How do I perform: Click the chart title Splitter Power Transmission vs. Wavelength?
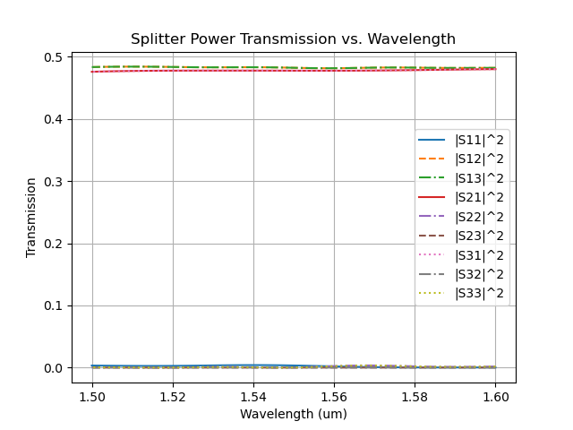[x=293, y=39]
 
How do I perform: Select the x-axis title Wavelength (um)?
[x=293, y=414]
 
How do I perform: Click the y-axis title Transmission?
[x=31, y=217]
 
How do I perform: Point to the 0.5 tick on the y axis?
[x=55, y=57]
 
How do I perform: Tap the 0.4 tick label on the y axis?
[x=55, y=120]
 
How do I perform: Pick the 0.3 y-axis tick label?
[x=55, y=182]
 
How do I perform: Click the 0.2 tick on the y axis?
[x=55, y=244]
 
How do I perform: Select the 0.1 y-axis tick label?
[x=55, y=306]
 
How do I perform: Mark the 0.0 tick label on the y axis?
[x=55, y=368]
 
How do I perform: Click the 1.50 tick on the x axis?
[x=92, y=396]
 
